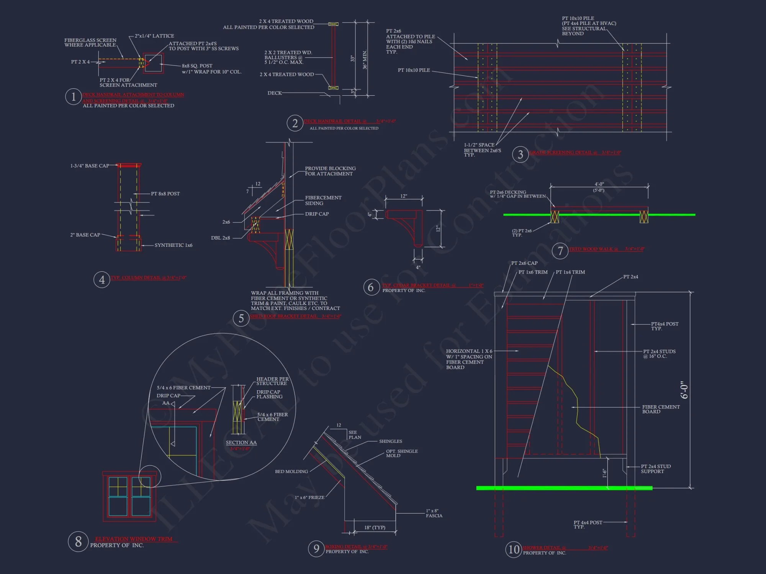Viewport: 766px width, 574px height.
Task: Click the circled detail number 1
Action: click(x=73, y=97)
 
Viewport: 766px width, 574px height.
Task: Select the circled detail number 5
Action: click(x=241, y=318)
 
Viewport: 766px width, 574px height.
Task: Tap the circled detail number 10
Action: click(x=514, y=550)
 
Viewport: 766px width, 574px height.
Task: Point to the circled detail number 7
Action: click(x=560, y=251)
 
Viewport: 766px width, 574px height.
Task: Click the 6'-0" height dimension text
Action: click(x=684, y=390)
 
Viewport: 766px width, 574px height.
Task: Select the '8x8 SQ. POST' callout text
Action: click(x=197, y=66)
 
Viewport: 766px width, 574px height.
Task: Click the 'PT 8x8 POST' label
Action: click(x=165, y=194)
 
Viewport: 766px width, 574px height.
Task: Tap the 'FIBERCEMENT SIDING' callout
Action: click(x=323, y=201)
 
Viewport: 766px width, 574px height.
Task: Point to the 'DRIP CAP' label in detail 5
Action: click(x=317, y=214)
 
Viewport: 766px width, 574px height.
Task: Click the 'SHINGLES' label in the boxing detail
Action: click(x=390, y=441)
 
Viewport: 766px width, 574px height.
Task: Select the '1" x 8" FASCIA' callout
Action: click(x=434, y=513)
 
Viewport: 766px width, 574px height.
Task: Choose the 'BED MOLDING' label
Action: click(x=291, y=471)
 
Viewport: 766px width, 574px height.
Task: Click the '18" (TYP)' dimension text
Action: click(x=375, y=527)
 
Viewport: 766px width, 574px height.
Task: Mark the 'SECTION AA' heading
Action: click(x=241, y=442)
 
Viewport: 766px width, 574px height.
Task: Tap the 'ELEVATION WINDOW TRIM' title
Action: click(x=134, y=539)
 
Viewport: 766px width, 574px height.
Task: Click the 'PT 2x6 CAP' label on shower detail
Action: click(x=524, y=263)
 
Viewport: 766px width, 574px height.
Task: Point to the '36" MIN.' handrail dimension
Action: click(x=365, y=59)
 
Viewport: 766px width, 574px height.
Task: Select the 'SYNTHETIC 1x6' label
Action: click(x=173, y=245)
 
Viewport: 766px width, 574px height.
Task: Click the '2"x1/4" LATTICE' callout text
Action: click(x=154, y=36)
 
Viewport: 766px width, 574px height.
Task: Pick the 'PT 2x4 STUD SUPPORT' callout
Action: click(x=655, y=469)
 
